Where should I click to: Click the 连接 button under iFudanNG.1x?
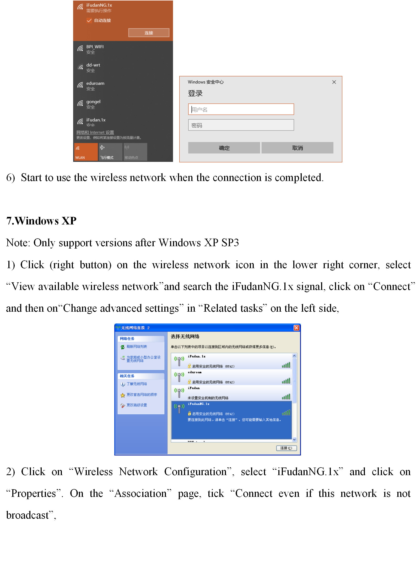[x=149, y=33]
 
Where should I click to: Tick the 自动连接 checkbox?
[x=89, y=20]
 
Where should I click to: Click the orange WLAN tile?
[x=86, y=152]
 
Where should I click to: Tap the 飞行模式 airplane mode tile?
[x=110, y=152]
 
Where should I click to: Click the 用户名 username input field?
[x=241, y=109]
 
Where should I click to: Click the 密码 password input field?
[x=241, y=125]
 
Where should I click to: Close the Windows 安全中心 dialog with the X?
[x=334, y=82]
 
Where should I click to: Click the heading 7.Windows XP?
[x=41, y=221]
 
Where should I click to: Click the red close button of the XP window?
[x=296, y=328]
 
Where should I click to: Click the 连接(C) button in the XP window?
[x=286, y=448]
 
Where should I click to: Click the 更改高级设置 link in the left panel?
[x=137, y=405]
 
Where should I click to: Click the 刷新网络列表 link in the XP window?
[x=137, y=347]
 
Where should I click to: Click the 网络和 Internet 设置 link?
[x=95, y=132]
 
